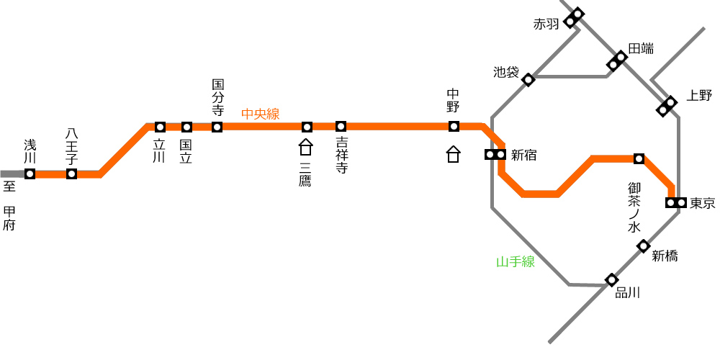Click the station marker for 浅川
coord(30,174)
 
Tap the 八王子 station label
coord(71,146)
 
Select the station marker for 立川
coord(160,127)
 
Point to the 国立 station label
coord(186,151)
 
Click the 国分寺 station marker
coord(217,127)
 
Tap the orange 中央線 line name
coord(261,114)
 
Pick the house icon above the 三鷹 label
coord(306,148)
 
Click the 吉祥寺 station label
coord(341,155)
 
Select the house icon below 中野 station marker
coord(453,154)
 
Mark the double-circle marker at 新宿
coord(495,155)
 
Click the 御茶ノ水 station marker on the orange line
coord(639,159)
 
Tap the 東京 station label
coord(703,203)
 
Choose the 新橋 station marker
coord(643,246)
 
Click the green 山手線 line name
coord(516,262)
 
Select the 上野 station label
coord(699,96)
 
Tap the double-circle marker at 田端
coord(617,61)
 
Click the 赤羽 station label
coord(546,24)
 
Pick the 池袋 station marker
coord(528,80)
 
